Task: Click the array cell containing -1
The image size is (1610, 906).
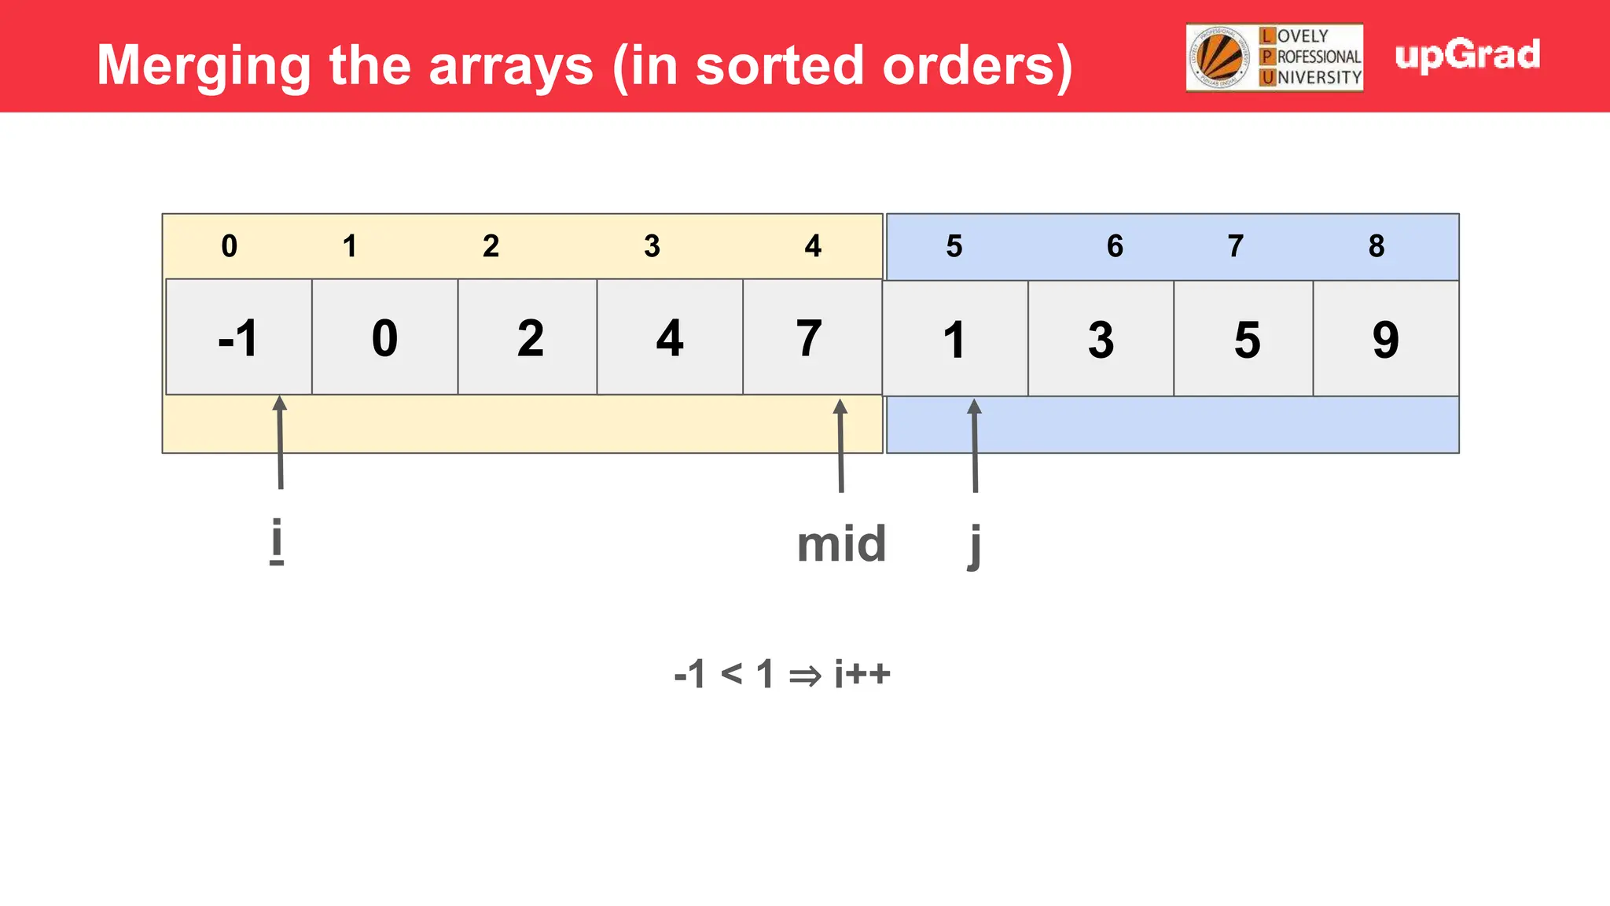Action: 239,337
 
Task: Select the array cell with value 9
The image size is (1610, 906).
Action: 1386,339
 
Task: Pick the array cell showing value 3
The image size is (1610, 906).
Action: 1101,339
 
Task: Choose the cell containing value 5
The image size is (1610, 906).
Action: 1246,339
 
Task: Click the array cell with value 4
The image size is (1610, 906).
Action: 670,337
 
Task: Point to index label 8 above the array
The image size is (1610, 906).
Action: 1376,246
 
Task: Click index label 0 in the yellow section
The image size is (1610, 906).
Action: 229,246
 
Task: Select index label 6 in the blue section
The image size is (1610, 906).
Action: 1115,246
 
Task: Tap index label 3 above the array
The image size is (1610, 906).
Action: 652,246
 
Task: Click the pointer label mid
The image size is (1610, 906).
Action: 841,543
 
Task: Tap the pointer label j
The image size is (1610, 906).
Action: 975,545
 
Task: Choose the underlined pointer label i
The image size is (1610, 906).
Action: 276,541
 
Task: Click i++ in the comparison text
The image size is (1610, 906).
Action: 862,674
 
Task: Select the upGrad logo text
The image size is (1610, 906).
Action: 1467,55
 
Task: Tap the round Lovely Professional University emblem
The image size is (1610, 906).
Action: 1219,57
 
